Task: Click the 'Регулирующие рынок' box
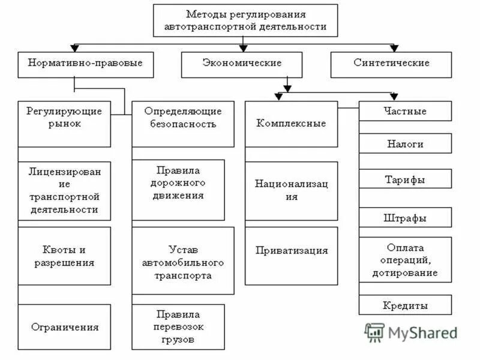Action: [64, 124]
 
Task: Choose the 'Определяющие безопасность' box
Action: [182, 124]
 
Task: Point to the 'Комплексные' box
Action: [291, 124]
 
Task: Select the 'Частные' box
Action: [405, 111]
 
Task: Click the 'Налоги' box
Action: [405, 144]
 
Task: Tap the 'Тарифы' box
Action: [405, 179]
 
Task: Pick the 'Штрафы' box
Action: [405, 217]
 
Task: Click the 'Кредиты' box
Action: [405, 305]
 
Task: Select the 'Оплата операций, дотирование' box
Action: [405, 260]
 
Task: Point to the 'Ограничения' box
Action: [64, 328]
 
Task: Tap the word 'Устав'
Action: [182, 250]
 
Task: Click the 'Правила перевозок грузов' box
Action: [178, 328]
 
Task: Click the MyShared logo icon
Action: [375, 332]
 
